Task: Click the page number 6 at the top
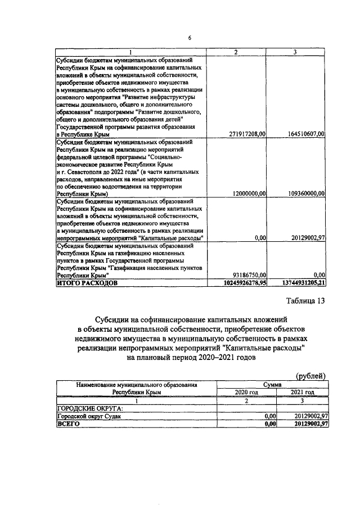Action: click(190, 38)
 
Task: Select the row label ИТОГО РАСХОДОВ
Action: click(87, 283)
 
